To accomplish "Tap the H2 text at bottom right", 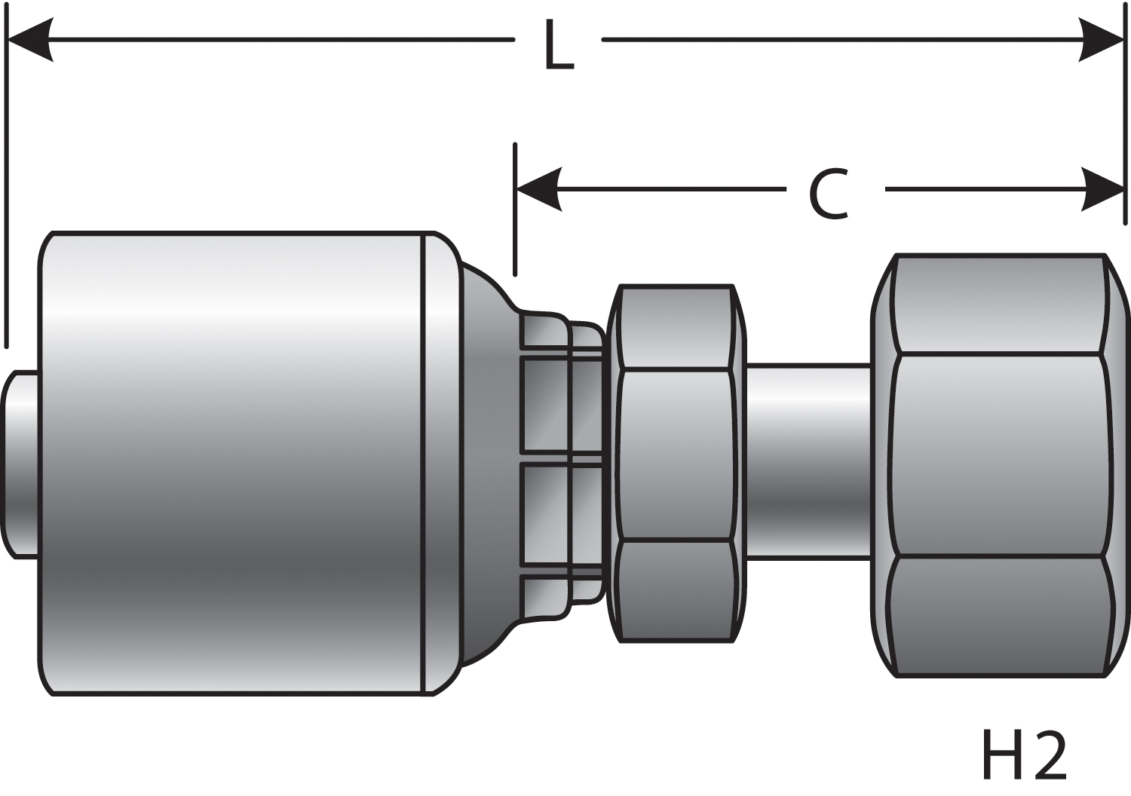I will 1024,755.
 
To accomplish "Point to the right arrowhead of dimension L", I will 1102,39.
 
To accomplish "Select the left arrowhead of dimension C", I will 538,189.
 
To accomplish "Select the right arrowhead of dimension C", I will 1102,189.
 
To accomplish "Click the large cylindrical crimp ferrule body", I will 234,464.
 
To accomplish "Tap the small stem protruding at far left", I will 21,464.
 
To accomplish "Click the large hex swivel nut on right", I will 999,455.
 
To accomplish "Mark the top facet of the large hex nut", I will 999,304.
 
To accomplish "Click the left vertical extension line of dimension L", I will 7,188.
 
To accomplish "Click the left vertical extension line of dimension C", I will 515,211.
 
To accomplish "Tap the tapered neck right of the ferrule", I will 486,464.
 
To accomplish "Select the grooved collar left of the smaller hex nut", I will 562,464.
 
